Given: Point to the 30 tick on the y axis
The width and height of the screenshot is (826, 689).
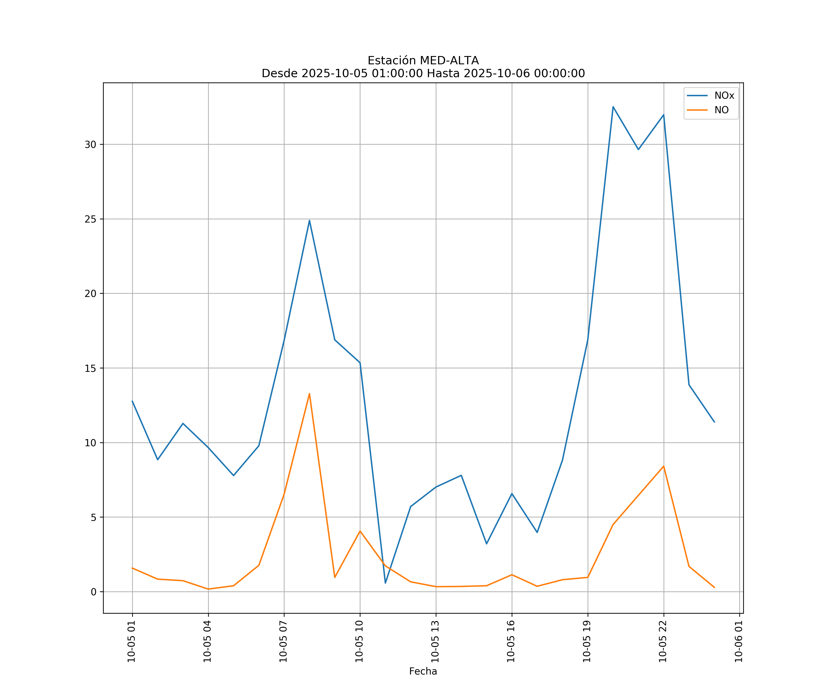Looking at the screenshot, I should [x=90, y=144].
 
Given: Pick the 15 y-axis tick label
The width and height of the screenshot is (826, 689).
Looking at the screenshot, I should [x=90, y=368].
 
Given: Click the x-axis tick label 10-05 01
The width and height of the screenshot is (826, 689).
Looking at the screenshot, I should [x=131, y=641].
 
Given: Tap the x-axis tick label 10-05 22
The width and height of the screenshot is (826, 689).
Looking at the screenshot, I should [x=663, y=641].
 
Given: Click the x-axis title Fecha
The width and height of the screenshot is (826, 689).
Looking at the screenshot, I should [x=423, y=671].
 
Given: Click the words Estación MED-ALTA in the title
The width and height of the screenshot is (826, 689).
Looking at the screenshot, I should [x=423, y=61].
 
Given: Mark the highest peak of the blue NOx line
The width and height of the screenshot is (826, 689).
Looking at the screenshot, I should [x=613, y=107].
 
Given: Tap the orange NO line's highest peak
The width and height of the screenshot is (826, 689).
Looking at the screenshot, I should [x=310, y=394].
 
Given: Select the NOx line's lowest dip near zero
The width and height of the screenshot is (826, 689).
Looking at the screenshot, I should [x=385, y=583].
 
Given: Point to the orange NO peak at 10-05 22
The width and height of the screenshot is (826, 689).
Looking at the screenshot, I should [x=664, y=466].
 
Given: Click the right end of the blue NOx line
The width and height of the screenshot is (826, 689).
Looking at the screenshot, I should [x=714, y=422].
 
